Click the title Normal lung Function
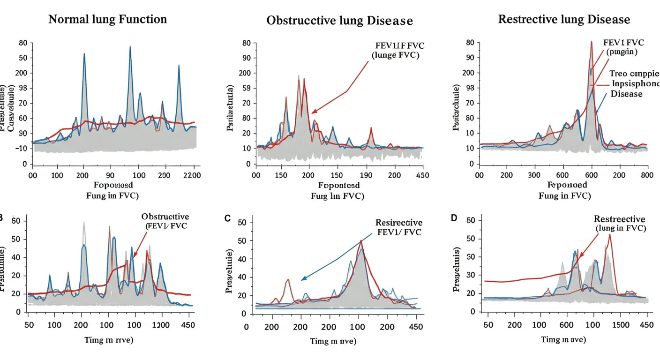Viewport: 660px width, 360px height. click(x=107, y=20)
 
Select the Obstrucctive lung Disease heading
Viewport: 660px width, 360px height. click(x=339, y=21)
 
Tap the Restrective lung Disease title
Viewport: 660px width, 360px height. click(x=563, y=20)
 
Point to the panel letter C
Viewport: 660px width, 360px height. click(x=228, y=218)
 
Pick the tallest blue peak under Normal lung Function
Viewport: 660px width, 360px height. click(x=130, y=47)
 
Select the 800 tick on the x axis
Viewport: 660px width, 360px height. click(x=647, y=175)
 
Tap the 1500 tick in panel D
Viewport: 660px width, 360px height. click(x=621, y=326)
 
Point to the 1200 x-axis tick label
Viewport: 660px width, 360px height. click(x=161, y=326)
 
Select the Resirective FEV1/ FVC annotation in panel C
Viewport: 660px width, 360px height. click(x=398, y=227)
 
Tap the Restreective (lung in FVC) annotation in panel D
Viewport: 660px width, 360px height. click(x=619, y=224)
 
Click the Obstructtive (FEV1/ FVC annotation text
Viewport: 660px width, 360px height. click(x=165, y=221)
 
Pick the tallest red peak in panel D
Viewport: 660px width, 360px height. click(x=610, y=235)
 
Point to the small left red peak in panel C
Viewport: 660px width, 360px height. click(x=287, y=280)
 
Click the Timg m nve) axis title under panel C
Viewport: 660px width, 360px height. click(x=333, y=341)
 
